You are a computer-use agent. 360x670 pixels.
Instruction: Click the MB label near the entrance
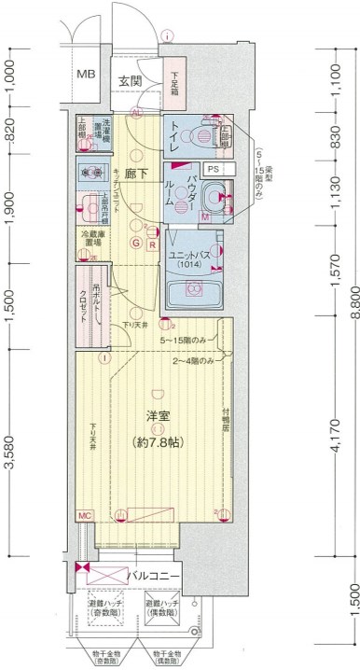click(86, 74)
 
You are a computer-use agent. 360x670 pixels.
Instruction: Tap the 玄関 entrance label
click(130, 81)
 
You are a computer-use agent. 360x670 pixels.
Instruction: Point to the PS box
click(214, 169)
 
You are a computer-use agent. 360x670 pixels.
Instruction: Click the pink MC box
click(84, 515)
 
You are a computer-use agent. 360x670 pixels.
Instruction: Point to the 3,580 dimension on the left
click(10, 450)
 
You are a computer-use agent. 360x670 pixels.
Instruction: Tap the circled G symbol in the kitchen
click(136, 245)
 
